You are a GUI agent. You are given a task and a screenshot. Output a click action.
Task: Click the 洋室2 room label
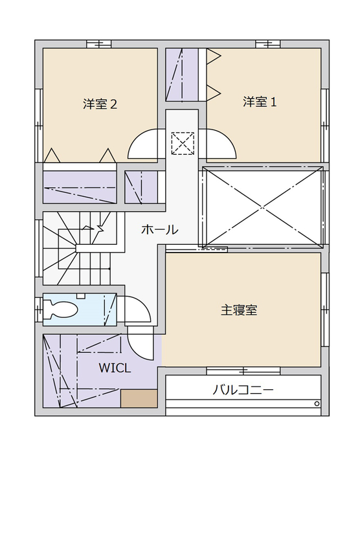[x=100, y=104]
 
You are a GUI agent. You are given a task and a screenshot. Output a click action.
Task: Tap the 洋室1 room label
[x=260, y=102]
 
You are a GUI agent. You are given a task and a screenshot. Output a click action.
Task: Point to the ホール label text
[x=159, y=229]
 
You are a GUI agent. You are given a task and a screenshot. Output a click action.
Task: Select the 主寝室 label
[x=239, y=310]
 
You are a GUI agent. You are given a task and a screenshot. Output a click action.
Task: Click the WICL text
[x=115, y=368]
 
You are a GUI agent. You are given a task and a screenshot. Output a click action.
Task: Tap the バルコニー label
[x=243, y=390]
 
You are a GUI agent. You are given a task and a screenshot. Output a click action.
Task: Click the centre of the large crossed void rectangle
[x=262, y=207]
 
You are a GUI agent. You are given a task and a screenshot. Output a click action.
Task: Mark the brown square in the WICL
[x=139, y=398]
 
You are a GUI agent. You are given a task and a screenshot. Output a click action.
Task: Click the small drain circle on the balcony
[x=317, y=403]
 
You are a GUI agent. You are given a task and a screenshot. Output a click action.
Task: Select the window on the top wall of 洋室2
[x=99, y=44]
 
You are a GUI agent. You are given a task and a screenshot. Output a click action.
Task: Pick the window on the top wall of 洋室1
[x=267, y=44]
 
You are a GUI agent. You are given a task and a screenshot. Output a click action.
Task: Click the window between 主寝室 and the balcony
[x=243, y=371]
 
